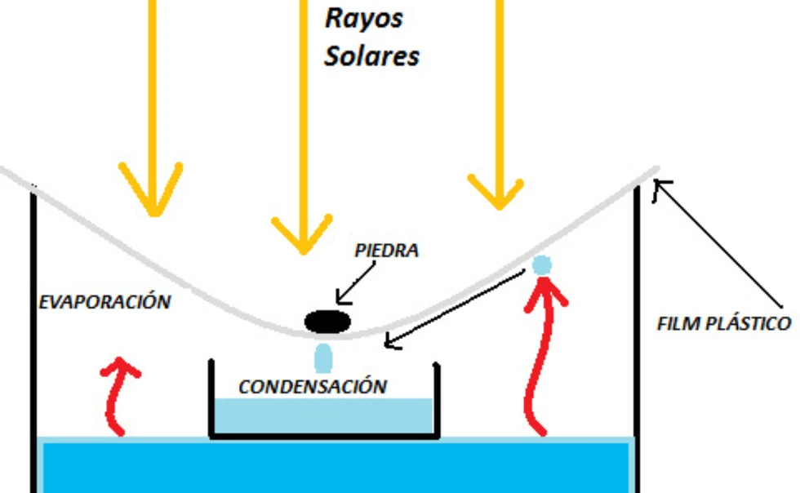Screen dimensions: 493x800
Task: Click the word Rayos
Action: (363, 19)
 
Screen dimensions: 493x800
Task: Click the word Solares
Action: (371, 56)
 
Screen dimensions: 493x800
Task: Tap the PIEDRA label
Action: (386, 251)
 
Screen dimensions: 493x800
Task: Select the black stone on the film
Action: (328, 321)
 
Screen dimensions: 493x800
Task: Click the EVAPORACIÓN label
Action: (105, 302)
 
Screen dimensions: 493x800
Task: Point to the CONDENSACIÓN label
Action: (313, 386)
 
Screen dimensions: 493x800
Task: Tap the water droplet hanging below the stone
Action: (324, 358)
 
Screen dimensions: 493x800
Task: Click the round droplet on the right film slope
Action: (542, 264)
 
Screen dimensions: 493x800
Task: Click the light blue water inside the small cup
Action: (322, 415)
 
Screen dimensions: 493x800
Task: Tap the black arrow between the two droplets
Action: (457, 309)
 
